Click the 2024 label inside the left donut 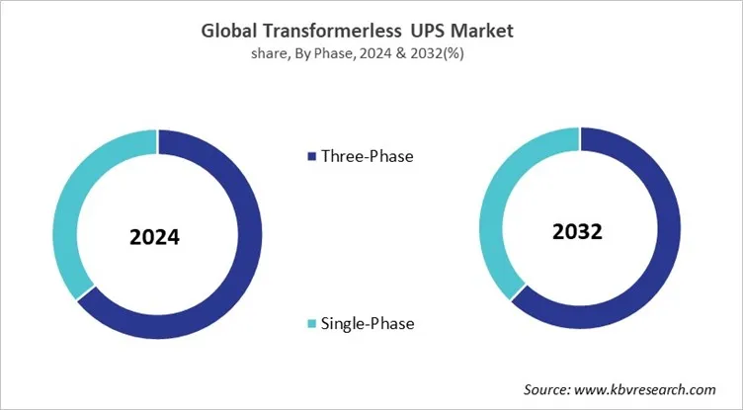pyautogui.click(x=158, y=238)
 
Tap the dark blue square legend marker pyautogui.click(x=313, y=156)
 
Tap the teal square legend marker pyautogui.click(x=313, y=323)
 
